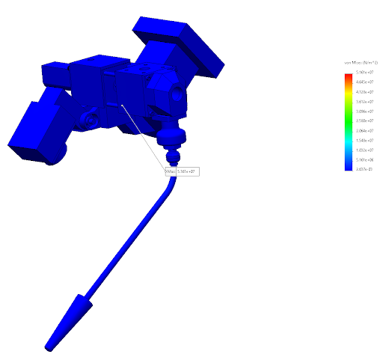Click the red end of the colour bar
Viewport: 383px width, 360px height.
click(x=348, y=76)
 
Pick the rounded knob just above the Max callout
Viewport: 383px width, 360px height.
click(x=174, y=137)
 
